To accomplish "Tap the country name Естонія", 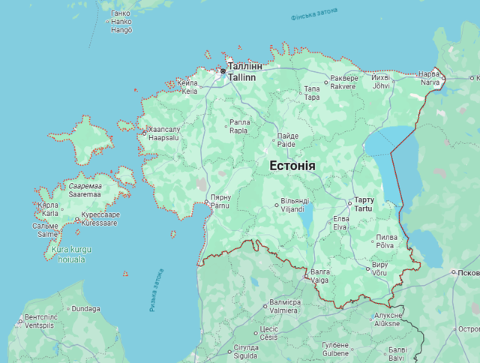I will (x=291, y=166).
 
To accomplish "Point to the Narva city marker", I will (x=442, y=77).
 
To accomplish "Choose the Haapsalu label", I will (x=163, y=133).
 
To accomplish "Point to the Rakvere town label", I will (x=343, y=82).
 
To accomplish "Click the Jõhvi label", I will (x=381, y=82).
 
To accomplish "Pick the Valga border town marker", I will (x=306, y=276).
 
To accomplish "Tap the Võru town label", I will (x=379, y=268).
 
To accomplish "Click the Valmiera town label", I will (x=285, y=306).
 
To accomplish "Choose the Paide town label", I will (x=286, y=139).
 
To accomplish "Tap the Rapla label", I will (x=239, y=126).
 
